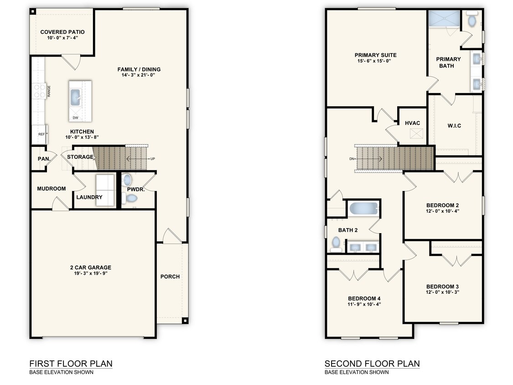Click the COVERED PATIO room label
(62, 32)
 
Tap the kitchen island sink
(75, 97)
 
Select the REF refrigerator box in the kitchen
(41, 135)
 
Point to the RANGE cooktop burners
(38, 91)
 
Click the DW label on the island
(75, 118)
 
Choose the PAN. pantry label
(43, 159)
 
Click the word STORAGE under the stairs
(80, 157)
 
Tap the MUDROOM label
(51, 188)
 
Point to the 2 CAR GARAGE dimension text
(90, 274)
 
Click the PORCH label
(170, 276)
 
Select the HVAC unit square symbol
(415, 134)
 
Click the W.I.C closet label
(454, 125)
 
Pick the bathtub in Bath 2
(363, 209)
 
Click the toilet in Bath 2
(336, 243)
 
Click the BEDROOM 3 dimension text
(442, 292)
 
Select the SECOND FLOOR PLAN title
(372, 364)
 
